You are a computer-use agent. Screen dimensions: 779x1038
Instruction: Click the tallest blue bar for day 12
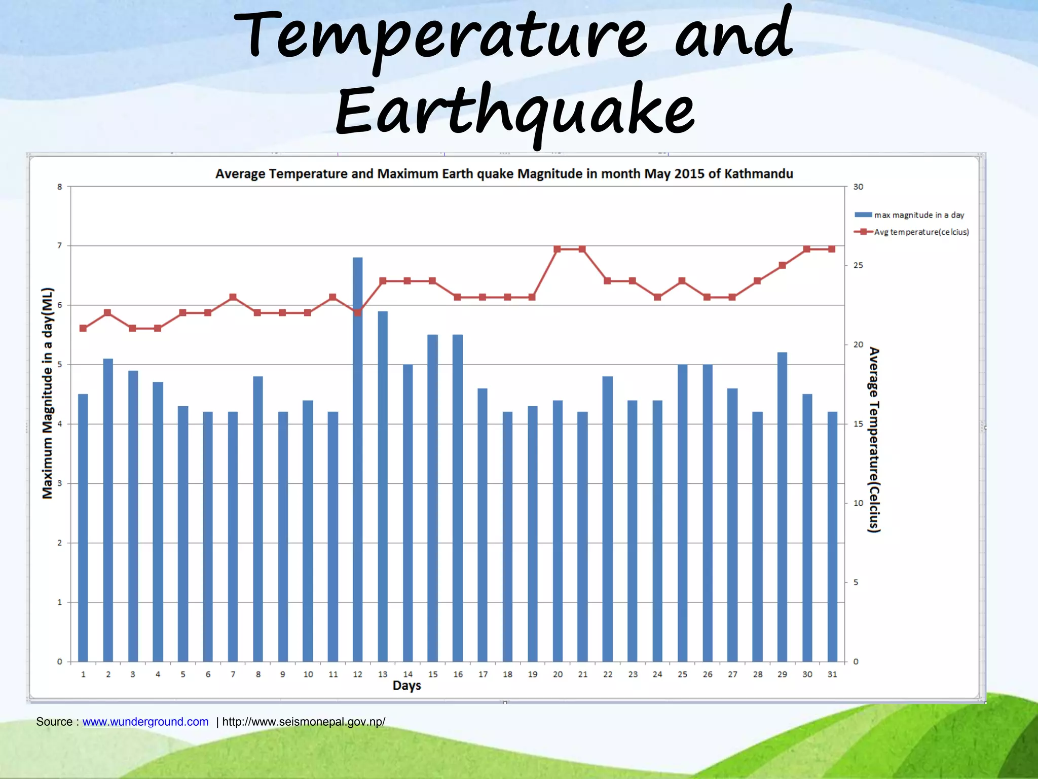point(357,456)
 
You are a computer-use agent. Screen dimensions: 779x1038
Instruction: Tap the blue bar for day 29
point(782,507)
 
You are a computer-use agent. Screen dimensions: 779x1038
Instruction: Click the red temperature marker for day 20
point(557,249)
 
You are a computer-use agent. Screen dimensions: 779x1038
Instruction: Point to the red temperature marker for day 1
point(83,328)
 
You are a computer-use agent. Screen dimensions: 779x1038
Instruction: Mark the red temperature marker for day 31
point(832,249)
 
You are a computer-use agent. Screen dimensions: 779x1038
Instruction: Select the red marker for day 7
point(233,297)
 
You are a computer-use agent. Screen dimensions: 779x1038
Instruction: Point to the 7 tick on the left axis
point(60,245)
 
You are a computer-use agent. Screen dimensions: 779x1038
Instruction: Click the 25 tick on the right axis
point(858,265)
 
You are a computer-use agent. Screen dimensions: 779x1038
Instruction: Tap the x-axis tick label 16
point(458,674)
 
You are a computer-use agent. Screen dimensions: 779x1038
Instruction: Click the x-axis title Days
point(406,686)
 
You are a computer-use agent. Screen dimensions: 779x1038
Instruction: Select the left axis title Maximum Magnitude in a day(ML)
point(47,393)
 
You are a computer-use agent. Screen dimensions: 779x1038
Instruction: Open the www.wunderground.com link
point(145,722)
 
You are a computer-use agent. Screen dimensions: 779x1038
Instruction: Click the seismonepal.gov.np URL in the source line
point(304,722)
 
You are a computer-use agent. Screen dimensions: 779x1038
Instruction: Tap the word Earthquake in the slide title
point(514,113)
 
